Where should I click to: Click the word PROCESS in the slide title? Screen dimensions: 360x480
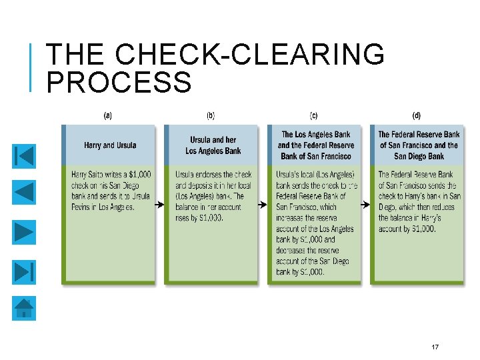point(120,83)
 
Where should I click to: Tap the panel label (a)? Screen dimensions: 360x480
point(107,115)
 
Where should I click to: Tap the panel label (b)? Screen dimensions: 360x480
point(211,115)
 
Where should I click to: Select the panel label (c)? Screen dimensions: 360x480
point(314,115)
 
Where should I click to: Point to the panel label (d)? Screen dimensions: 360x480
point(417,115)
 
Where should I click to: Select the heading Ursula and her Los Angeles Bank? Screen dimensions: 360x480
point(213,145)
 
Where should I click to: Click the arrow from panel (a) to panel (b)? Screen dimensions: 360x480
point(159,205)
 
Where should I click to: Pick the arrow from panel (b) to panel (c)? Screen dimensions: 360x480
point(262,205)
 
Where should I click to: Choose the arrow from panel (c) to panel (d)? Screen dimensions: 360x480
point(365,205)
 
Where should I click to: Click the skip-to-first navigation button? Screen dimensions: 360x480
point(24,156)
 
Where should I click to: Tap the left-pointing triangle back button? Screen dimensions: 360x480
point(24,194)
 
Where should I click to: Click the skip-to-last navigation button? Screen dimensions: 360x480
point(24,271)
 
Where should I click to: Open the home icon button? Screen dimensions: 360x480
point(24,309)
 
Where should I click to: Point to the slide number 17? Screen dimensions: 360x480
point(435,347)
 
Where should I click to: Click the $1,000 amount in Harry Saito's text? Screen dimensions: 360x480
point(139,175)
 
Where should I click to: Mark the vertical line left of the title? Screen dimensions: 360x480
point(32,67)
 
